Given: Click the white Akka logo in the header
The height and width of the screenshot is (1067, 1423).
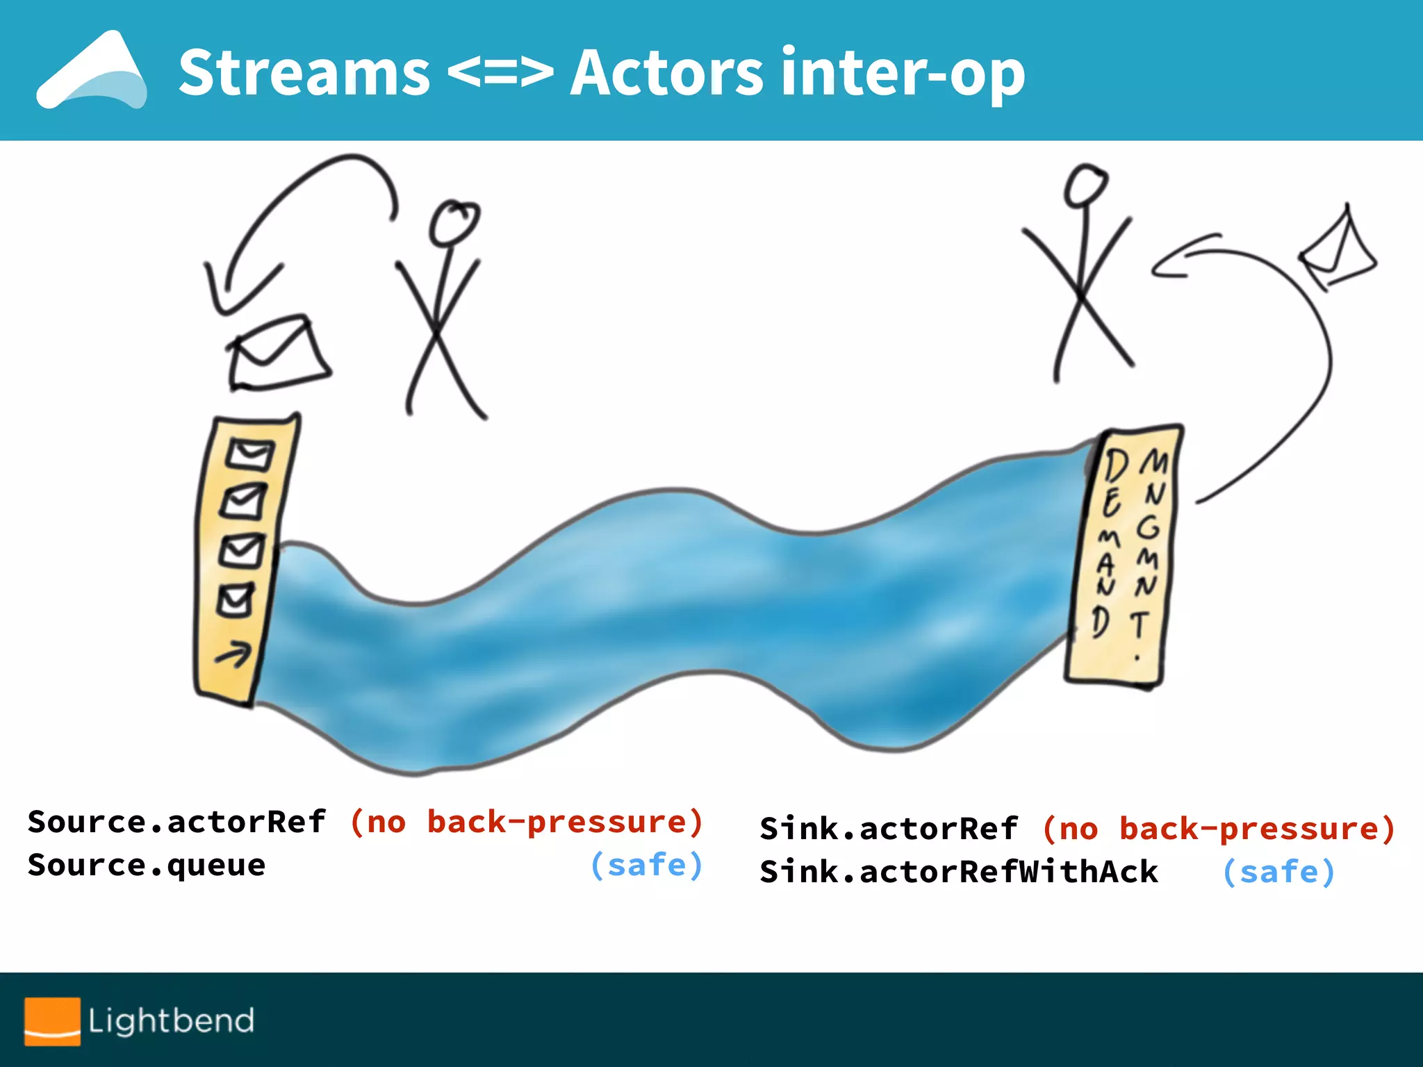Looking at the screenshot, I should [92, 71].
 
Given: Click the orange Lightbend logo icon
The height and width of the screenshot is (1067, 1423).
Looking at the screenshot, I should [52, 1020].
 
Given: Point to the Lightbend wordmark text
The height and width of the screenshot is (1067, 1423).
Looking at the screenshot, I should [171, 1020].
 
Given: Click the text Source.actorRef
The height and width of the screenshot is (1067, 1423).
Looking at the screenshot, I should [176, 822].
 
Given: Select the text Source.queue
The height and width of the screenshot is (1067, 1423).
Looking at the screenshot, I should [147, 866].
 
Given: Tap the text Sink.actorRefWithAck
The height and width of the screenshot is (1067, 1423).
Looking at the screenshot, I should [959, 872].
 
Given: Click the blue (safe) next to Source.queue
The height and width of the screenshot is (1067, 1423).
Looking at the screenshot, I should [646, 866].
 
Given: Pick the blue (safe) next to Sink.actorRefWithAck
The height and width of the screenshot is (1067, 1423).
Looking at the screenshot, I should [1278, 872].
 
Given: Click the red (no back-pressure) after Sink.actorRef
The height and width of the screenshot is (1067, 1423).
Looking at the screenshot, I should [1219, 829].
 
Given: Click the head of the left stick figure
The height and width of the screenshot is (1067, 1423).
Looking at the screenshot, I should [454, 222].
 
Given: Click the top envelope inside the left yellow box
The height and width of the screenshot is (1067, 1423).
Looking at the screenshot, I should [249, 456].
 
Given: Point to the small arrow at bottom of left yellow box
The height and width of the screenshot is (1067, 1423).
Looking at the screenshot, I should [233, 654].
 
